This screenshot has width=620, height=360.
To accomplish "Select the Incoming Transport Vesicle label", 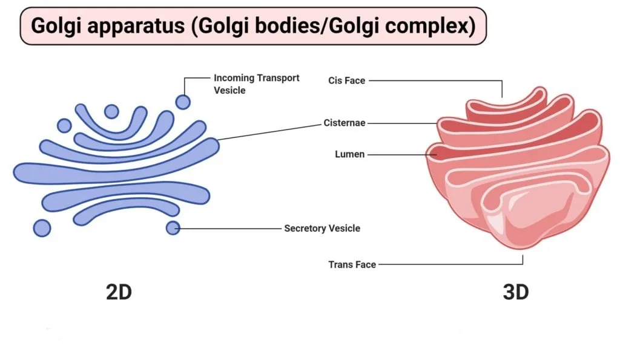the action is tap(256, 84).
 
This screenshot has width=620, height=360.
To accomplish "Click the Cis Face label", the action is tap(347, 80).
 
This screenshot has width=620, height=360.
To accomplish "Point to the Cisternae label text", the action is tap(345, 123).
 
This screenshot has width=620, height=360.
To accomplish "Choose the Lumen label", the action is tap(349, 154).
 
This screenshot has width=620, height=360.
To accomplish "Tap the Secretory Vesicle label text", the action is tap(322, 229).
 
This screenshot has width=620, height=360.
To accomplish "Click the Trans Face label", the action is tap(352, 264).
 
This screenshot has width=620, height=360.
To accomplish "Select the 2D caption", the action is tap(119, 292).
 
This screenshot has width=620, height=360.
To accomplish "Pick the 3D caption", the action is tap(516, 292).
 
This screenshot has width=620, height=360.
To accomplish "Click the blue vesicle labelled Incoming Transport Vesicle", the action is tap(183, 102).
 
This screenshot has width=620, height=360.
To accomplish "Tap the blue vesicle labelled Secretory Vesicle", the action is tap(173, 228).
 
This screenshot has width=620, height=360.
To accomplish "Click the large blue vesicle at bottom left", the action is tap(42, 228).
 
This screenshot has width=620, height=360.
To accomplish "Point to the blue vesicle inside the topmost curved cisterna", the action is tap(111, 111).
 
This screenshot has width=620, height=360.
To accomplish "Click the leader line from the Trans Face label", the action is tap(450, 264).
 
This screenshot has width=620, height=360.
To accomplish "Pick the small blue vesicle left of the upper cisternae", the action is tap(64, 126).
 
